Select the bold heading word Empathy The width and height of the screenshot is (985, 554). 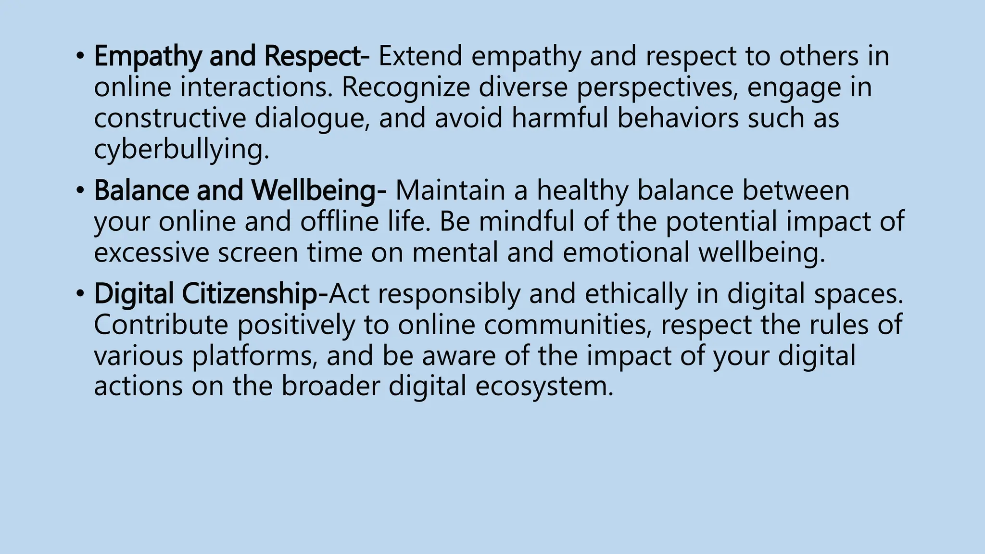(x=147, y=57)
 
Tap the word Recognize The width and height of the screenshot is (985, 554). (x=405, y=88)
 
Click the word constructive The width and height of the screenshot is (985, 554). (x=169, y=118)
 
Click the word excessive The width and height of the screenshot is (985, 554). (x=152, y=252)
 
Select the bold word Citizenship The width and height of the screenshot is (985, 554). (x=249, y=294)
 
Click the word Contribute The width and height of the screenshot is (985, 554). (x=161, y=325)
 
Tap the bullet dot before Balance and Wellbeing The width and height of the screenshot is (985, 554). (x=79, y=191)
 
